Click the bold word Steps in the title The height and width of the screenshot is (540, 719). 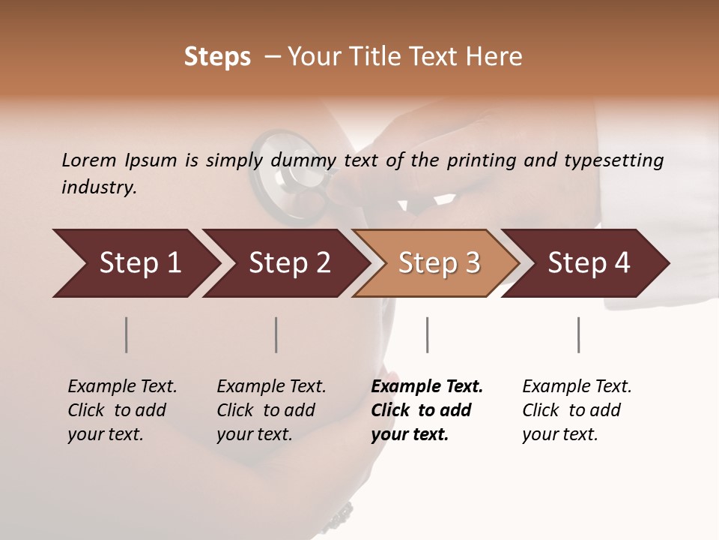point(217,57)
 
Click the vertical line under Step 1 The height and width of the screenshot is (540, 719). point(127,334)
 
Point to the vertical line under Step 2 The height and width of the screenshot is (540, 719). point(276,334)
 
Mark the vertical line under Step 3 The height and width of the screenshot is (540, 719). point(427,334)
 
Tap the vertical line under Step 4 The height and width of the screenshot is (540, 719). point(578,334)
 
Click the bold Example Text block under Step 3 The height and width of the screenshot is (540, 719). point(427,410)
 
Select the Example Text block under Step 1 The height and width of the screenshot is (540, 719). point(122,410)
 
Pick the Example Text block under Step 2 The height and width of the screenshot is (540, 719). point(271,410)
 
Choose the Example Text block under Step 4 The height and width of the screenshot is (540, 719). point(577,410)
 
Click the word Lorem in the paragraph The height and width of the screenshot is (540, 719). point(89,160)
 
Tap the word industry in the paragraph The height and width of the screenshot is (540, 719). point(99,187)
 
